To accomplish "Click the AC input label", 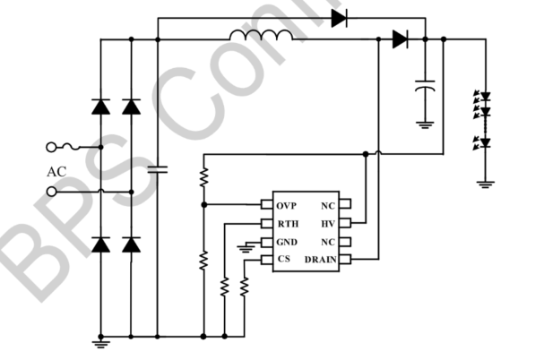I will coord(56,170).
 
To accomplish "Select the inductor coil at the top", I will coord(260,37).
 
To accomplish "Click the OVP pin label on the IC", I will coord(286,205).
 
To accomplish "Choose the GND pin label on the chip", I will coord(286,242).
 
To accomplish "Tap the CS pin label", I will coord(282,260).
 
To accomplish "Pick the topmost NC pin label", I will coord(329,205).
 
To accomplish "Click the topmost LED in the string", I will coord(485,97).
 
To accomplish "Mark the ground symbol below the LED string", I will coord(485,184).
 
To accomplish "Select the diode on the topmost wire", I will coord(339,17).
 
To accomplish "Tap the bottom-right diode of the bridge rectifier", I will coord(132,243).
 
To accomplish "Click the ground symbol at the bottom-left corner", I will coord(100,341).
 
